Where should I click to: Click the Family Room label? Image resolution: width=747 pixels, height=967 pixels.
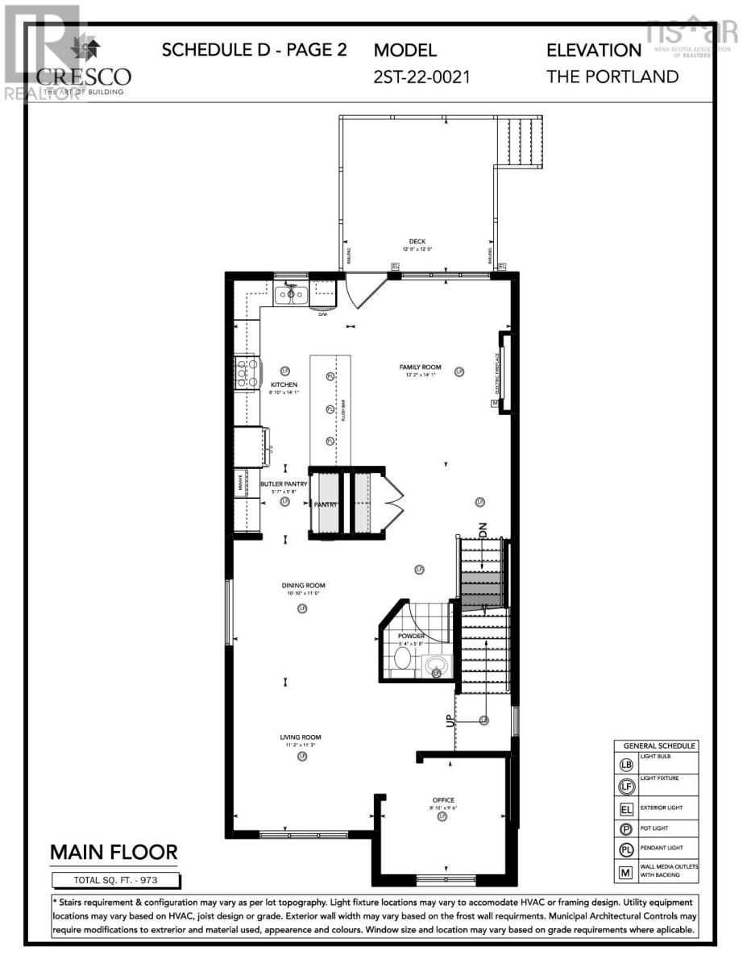click(420, 367)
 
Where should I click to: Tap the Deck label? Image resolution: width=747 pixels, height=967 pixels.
click(417, 241)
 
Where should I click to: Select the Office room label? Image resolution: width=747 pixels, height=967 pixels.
click(443, 800)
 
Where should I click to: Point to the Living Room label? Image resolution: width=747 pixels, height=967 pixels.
click(301, 737)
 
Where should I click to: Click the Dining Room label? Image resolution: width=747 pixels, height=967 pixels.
click(303, 586)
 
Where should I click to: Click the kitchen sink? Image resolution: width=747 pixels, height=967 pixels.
click(290, 295)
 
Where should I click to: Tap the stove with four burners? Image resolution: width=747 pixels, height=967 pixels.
click(246, 373)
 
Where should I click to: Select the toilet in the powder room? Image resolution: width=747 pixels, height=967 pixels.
click(402, 658)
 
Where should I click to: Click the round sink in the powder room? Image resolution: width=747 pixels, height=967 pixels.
click(437, 668)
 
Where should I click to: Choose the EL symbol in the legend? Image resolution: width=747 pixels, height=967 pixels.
click(626, 807)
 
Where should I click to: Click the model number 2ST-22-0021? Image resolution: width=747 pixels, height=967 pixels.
click(421, 77)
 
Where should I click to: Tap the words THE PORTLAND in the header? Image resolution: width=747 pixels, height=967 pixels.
click(612, 77)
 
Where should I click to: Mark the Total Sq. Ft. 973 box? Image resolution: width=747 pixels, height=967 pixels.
click(116, 880)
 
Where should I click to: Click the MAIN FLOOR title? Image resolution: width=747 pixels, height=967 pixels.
click(114, 853)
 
